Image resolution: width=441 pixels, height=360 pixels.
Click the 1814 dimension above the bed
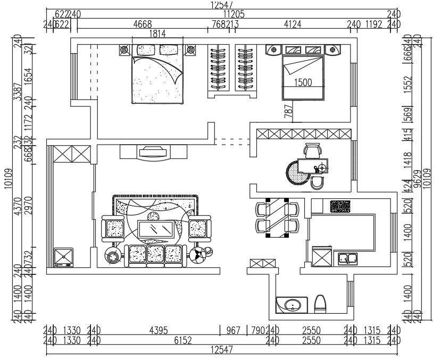(157, 34)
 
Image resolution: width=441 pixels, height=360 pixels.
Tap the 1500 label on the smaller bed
(302, 82)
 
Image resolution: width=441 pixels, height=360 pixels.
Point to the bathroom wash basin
(290, 306)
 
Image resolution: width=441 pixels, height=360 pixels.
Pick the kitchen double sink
(348, 259)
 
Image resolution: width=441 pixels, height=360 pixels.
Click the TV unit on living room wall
(154, 153)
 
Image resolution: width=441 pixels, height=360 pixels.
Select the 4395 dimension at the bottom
(157, 330)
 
